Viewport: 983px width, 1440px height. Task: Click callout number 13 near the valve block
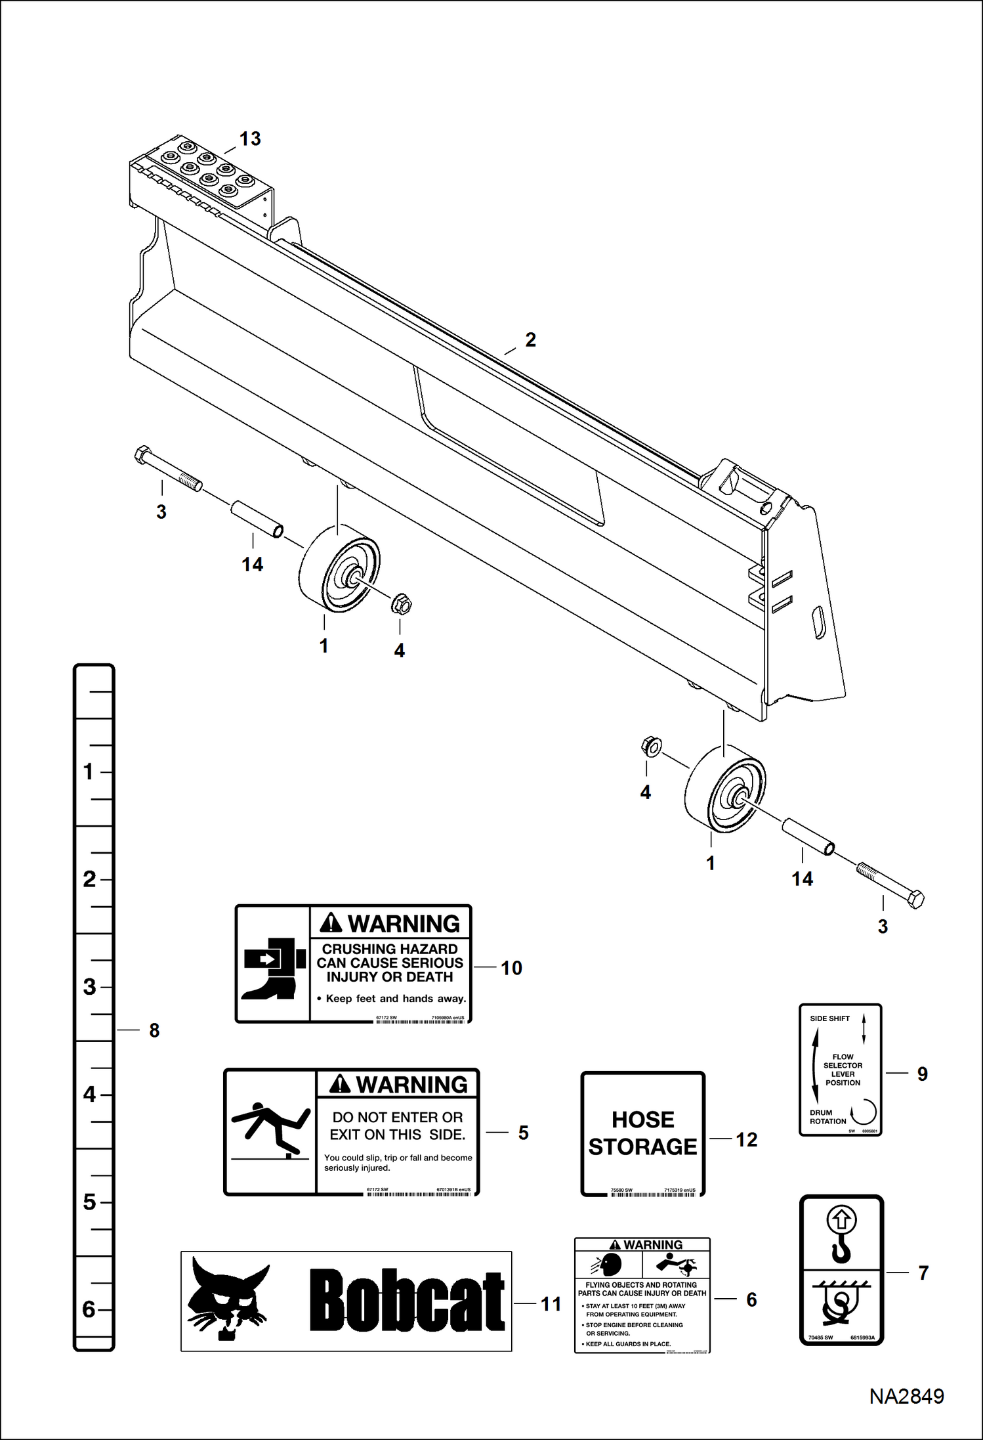[x=249, y=139]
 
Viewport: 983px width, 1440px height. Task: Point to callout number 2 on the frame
[x=530, y=340]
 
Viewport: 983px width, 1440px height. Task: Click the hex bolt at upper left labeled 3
[x=167, y=468]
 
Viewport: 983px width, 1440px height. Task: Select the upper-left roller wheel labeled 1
[x=339, y=570]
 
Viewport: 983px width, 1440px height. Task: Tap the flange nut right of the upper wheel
[x=401, y=603]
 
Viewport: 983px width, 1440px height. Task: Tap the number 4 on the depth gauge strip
[x=90, y=1095]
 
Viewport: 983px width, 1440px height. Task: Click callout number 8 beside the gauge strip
[x=154, y=1030]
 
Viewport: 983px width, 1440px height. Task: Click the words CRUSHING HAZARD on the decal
[x=390, y=949]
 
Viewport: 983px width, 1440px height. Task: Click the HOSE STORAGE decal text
[x=642, y=1133]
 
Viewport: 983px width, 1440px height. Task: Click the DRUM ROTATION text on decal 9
[x=827, y=1117]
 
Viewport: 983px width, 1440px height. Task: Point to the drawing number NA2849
[x=906, y=1397]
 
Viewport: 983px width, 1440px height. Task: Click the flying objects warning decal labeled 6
[x=642, y=1296]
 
